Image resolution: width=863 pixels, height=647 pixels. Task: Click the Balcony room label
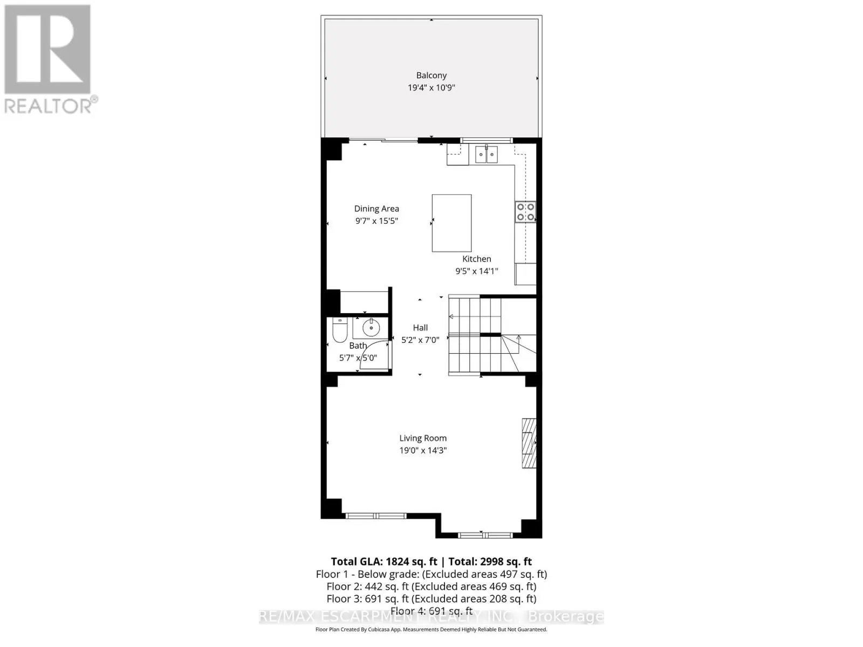pos(431,75)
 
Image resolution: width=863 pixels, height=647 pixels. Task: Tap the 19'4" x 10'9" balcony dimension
pos(431,87)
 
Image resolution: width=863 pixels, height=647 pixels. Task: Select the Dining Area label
pos(376,209)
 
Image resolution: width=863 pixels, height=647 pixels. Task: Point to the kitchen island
pos(451,223)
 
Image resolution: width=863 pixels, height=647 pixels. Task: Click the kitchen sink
pos(486,154)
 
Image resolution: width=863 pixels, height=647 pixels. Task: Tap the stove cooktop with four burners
pos(525,211)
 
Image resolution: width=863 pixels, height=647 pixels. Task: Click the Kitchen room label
pos(476,259)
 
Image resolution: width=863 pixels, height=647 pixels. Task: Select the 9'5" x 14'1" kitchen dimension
pos(476,271)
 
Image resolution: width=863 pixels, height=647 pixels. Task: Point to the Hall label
pos(420,327)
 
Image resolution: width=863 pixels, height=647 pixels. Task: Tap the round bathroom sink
pos(371,327)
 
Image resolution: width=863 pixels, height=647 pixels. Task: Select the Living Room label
pos(423,438)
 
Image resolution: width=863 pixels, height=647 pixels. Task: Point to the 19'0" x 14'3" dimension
pos(423,450)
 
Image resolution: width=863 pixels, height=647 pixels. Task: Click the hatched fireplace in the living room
pos(529,443)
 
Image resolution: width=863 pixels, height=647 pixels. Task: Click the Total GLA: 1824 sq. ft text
pos(383,561)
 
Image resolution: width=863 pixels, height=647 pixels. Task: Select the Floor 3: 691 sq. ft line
pos(431,598)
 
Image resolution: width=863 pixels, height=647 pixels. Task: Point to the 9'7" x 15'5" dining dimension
pos(376,221)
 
